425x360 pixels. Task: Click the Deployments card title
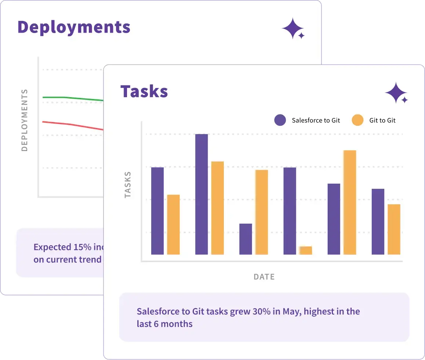tap(74, 27)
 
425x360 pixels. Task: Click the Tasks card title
tap(144, 91)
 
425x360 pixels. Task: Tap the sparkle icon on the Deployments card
tap(293, 28)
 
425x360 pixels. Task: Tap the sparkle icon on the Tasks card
tap(396, 93)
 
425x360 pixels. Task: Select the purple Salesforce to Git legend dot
tap(280, 120)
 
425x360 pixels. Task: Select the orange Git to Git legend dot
tap(357, 120)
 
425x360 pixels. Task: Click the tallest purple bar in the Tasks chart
tap(201, 194)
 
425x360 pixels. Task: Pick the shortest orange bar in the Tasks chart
tap(306, 250)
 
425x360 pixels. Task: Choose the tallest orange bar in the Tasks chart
tap(350, 202)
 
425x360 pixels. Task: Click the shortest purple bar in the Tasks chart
tap(246, 239)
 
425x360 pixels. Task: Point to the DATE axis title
tap(264, 277)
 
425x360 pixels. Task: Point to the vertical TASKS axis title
tap(128, 185)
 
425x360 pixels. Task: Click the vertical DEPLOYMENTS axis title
tap(25, 120)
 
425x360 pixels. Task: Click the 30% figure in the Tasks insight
tap(262, 312)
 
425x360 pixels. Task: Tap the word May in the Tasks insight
tap(292, 312)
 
